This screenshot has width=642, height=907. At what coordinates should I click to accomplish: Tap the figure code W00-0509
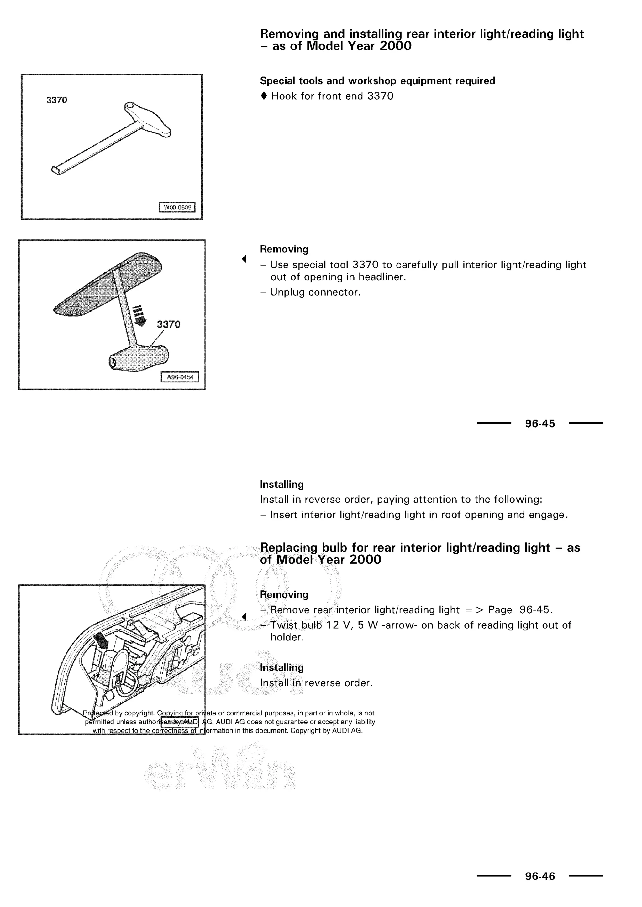coord(177,207)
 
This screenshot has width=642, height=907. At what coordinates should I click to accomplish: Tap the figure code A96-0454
coord(180,377)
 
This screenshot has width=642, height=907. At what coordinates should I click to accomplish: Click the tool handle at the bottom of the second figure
coord(138,357)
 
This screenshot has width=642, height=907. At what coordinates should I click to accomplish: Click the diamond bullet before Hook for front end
coord(264,96)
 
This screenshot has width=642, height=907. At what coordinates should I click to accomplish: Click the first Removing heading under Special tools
coord(284,249)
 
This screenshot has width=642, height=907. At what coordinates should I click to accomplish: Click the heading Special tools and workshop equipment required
coord(377,81)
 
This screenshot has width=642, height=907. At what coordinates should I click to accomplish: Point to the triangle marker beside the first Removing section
coord(244,259)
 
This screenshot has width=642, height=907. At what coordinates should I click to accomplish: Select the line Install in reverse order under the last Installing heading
coord(316,683)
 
